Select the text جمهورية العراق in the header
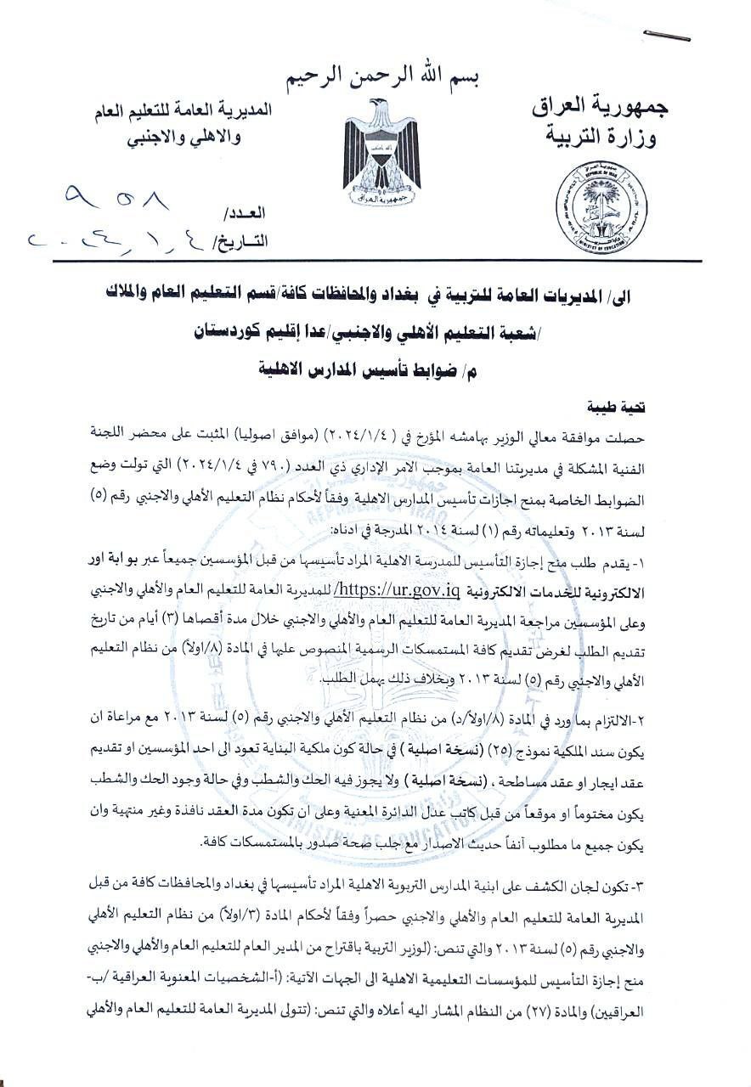(600, 105)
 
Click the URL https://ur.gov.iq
(398, 589)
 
